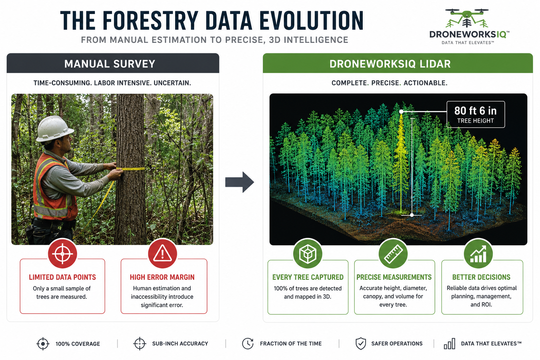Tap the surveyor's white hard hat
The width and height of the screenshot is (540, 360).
point(54,129)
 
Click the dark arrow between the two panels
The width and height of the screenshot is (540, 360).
point(240,182)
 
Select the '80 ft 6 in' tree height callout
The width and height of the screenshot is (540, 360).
point(476,114)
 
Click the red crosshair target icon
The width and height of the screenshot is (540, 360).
point(63,254)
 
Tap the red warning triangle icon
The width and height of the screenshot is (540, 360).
point(162,254)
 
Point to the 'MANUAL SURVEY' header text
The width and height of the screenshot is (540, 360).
point(110,64)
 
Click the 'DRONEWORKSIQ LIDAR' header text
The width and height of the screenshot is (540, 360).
point(390,64)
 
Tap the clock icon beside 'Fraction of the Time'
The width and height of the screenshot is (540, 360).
point(248,343)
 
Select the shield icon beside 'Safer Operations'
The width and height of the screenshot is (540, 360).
point(361,343)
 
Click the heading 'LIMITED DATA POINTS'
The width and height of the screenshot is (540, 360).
point(63,277)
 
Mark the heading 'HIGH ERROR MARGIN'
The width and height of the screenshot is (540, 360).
point(162,277)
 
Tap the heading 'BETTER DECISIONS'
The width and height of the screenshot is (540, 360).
point(481,277)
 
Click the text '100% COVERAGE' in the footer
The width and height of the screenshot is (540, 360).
point(78,344)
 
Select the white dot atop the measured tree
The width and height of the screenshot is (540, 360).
point(401,112)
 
